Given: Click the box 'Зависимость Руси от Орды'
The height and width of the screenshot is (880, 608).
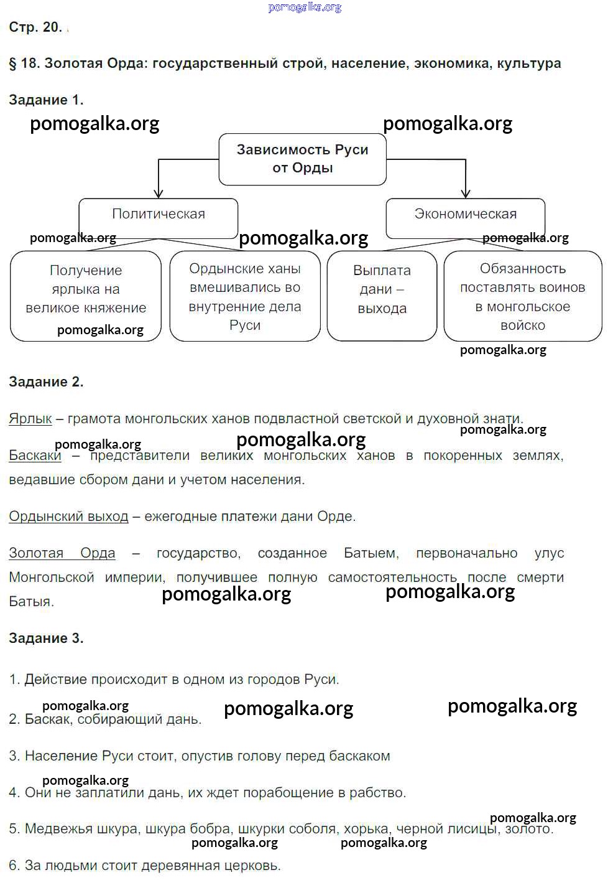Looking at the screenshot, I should tap(302, 159).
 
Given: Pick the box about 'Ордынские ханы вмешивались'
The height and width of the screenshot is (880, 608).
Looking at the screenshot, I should tap(245, 296).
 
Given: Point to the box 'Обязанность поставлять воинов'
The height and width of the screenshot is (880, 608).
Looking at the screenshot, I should tap(522, 296).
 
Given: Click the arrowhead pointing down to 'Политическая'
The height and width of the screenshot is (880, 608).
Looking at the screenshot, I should tap(159, 194).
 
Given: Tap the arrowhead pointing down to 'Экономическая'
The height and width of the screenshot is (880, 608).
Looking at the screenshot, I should tap(466, 194).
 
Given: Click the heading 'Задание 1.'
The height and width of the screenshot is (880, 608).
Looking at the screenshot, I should tap(46, 100).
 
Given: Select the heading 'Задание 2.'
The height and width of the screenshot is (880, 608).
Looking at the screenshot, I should tap(46, 382).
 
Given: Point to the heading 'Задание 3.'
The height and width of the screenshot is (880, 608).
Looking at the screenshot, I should tap(46, 639).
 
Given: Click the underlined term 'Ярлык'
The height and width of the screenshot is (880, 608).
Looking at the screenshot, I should tap(30, 419).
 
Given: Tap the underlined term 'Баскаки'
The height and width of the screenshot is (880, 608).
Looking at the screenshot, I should tap(35, 456).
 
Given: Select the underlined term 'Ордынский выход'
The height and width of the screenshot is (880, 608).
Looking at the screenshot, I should tap(68, 517).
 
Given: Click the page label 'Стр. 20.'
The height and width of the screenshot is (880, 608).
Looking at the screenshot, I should tap(35, 27).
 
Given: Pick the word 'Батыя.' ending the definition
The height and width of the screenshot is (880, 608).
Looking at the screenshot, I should tap(31, 602).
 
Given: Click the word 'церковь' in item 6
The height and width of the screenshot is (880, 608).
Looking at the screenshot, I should tap(255, 866).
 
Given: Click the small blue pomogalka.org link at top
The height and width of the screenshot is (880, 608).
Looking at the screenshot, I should tap(305, 7).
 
